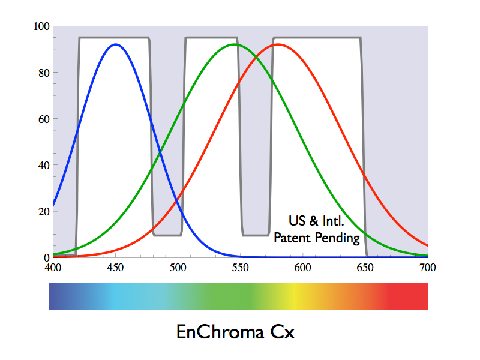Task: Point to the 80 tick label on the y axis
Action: (x=43, y=73)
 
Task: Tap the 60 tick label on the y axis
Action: (x=43, y=119)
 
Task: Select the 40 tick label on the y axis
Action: (x=43, y=165)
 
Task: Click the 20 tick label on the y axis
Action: (x=43, y=211)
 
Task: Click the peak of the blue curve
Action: (x=115, y=44)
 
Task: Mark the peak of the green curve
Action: (x=234, y=44)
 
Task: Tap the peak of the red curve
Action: (x=277, y=44)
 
